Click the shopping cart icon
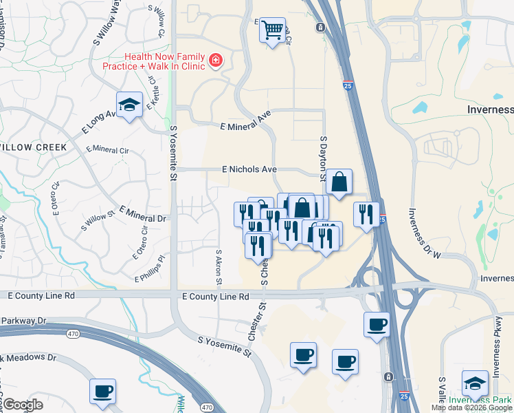pyautogui.click(x=273, y=30)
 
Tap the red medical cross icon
pyautogui.click(x=216, y=61)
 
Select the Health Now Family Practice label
pyautogui.click(x=164, y=61)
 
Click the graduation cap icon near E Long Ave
pyautogui.click(x=128, y=105)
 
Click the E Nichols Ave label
pyautogui.click(x=249, y=169)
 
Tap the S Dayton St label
pyautogui.click(x=323, y=157)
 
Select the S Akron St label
pyautogui.click(x=219, y=267)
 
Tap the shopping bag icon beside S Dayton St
pyautogui.click(x=339, y=182)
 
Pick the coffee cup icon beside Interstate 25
pyautogui.click(x=376, y=324)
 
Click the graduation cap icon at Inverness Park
pyautogui.click(x=475, y=383)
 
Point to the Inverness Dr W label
pyautogui.click(x=424, y=234)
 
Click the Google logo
pyautogui.click(x=23, y=405)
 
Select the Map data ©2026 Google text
pyautogui.click(x=471, y=407)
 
